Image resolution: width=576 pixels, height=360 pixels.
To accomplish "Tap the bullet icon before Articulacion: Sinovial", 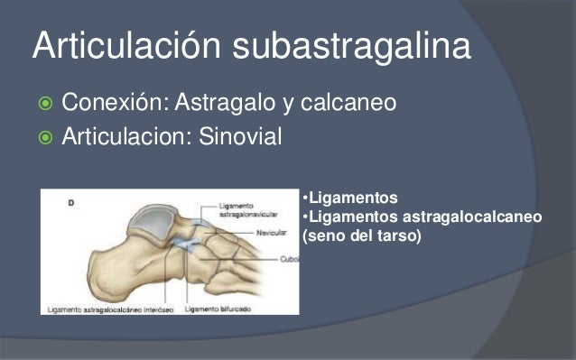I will [x=42, y=138].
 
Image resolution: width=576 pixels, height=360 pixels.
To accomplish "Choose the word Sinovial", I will [x=238, y=138].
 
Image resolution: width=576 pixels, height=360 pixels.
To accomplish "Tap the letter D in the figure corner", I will [x=71, y=202].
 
